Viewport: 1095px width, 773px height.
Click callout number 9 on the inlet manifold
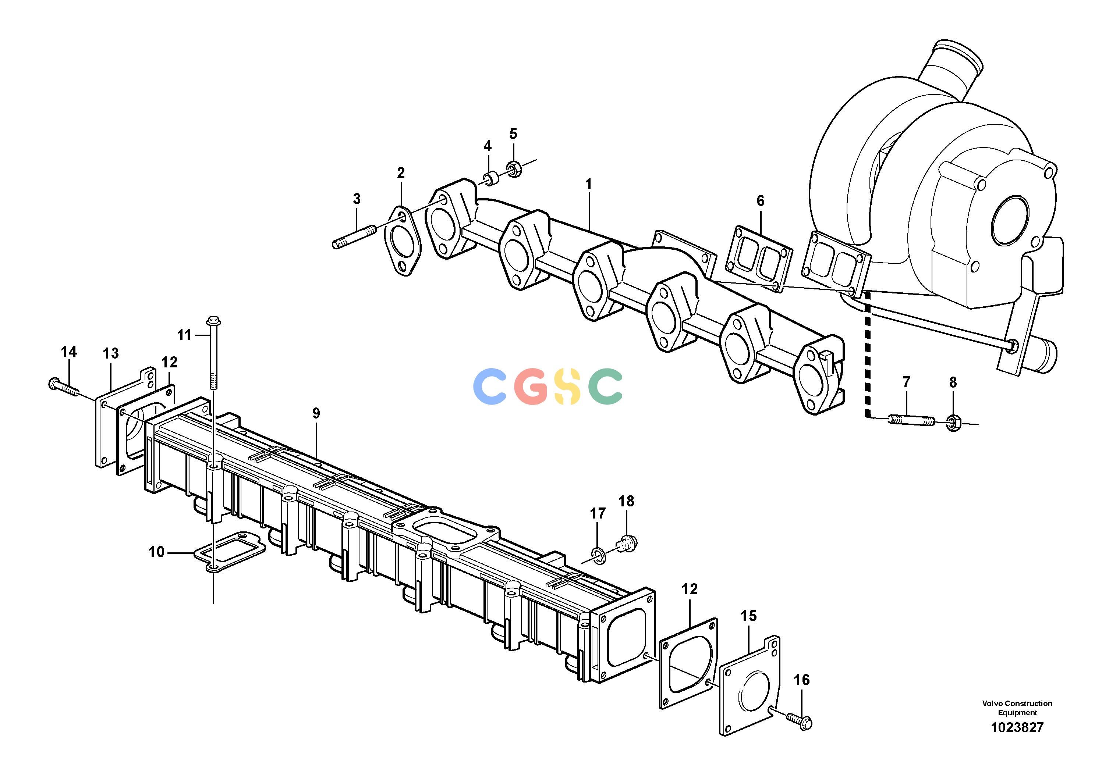[316, 413]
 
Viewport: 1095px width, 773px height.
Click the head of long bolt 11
[213, 322]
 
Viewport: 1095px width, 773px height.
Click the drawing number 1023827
[1017, 728]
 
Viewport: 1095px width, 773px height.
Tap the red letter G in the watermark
[531, 386]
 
